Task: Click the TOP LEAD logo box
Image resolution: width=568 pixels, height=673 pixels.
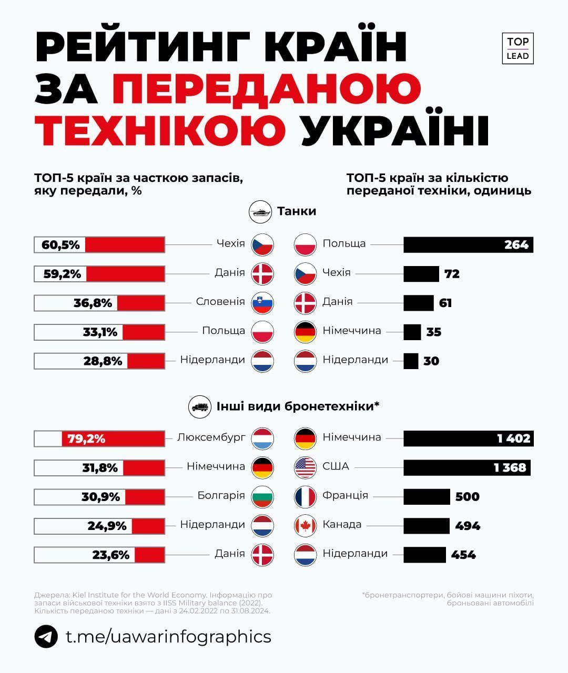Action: point(518,48)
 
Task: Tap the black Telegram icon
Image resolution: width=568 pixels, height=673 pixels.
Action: point(46,637)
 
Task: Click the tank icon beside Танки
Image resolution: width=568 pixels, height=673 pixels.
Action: point(260,212)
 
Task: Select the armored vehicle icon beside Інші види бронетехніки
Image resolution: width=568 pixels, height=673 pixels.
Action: point(200,406)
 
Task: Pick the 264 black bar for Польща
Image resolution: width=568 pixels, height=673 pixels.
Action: point(468,244)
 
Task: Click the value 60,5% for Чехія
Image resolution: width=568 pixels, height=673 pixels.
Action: point(60,244)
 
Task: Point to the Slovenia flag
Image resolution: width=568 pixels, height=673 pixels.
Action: point(263,303)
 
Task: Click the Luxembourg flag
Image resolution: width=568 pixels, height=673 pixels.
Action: point(263,438)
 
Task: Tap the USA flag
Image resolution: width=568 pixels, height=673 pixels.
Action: point(305,467)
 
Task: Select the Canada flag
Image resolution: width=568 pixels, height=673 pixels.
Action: point(305,525)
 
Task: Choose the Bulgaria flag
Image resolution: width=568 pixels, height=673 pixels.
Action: point(263,496)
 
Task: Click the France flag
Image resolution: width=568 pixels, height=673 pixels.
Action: point(305,496)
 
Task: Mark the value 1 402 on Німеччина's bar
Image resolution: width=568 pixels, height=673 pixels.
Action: point(513,439)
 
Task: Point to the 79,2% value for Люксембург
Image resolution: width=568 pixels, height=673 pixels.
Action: point(86,439)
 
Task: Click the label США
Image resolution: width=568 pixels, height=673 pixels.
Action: point(336,466)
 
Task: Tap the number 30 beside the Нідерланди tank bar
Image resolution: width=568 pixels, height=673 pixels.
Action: point(431,361)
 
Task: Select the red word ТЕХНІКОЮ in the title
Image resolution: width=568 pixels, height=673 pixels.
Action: point(160,129)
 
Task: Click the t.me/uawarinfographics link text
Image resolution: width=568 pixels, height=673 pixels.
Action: point(168,637)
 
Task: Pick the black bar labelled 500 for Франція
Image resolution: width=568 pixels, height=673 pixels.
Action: point(427,496)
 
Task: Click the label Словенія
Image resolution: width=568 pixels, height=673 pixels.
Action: point(220,302)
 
